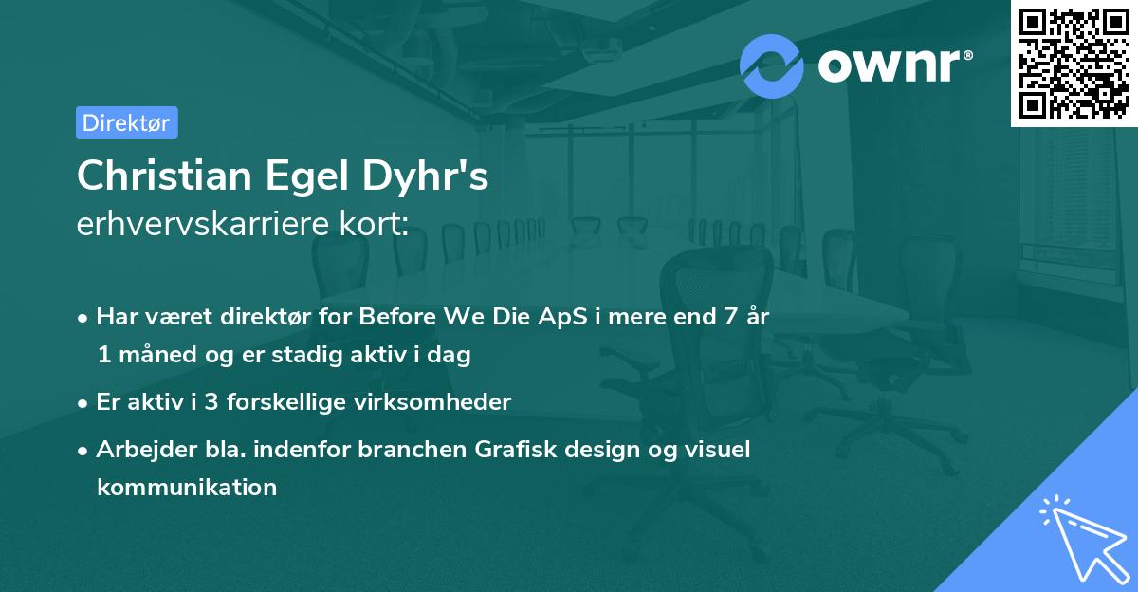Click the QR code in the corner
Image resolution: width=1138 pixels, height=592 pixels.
pyautogui.click(x=1074, y=63)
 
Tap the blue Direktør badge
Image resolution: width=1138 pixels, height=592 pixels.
pyautogui.click(x=126, y=122)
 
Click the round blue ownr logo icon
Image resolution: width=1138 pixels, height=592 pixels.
pyautogui.click(x=772, y=65)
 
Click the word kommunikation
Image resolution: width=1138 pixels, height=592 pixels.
pyautogui.click(x=186, y=488)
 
